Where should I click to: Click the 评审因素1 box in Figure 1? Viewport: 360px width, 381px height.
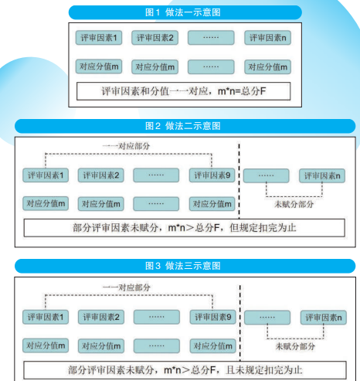point(100,38)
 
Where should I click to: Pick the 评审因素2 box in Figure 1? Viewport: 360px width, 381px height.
point(155,38)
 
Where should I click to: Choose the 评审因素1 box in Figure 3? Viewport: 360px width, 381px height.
point(45,317)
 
